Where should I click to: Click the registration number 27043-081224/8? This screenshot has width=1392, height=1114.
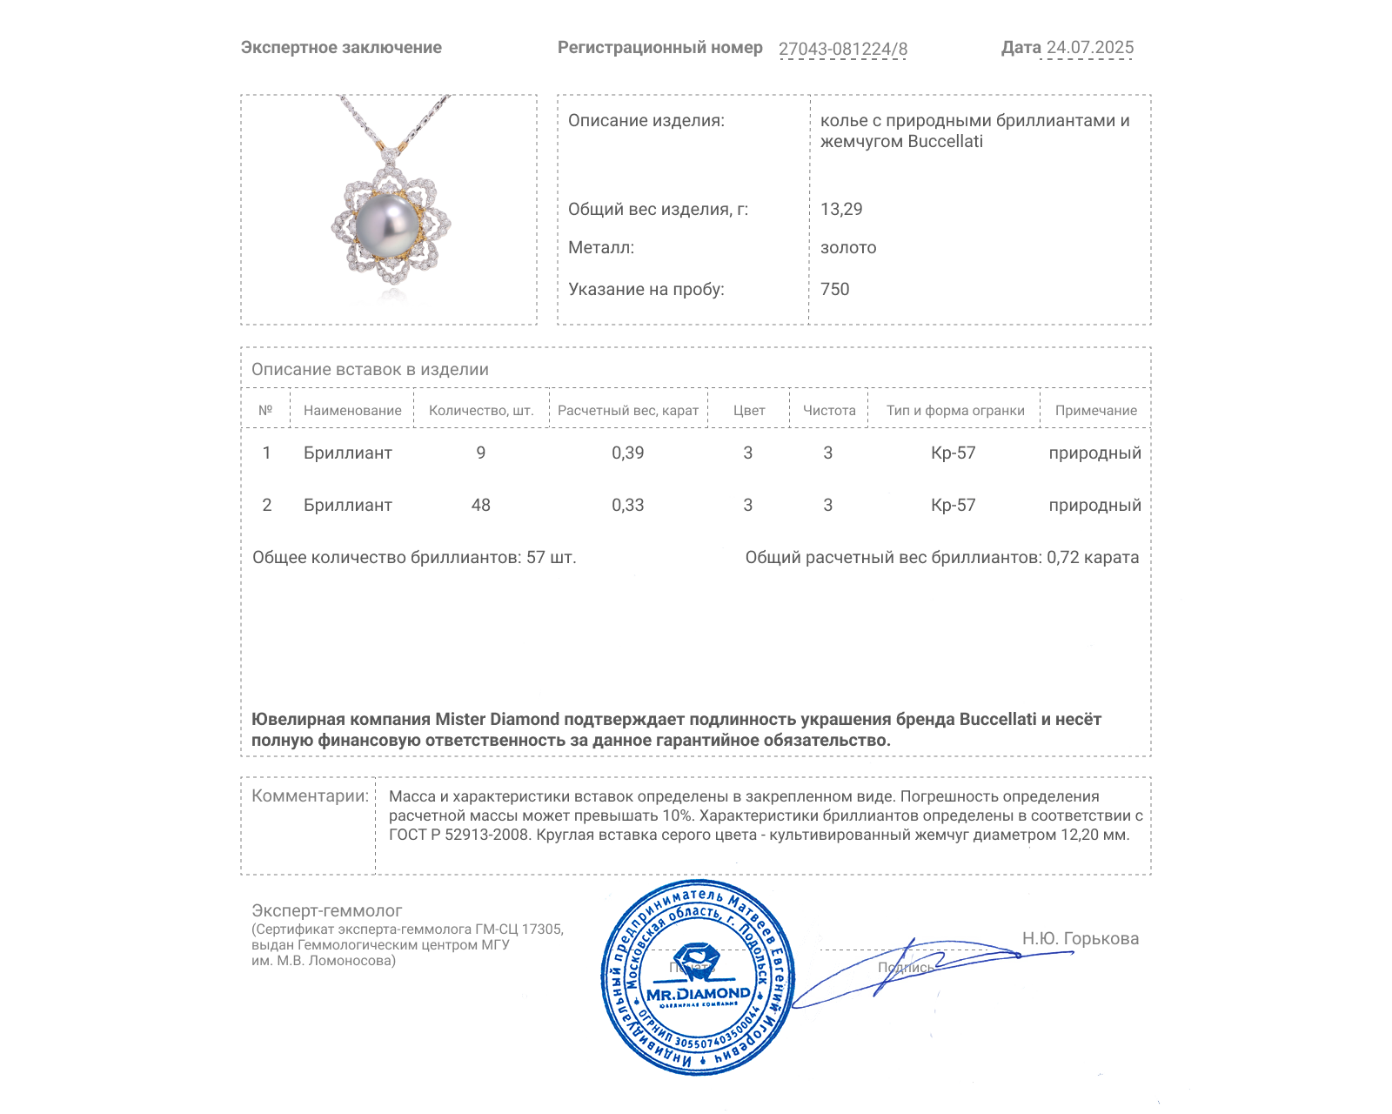[x=842, y=49]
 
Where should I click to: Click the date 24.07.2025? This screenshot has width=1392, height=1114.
[x=1089, y=48]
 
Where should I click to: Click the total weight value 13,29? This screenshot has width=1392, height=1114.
[x=841, y=209]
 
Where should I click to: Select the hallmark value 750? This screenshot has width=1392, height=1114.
[x=834, y=289]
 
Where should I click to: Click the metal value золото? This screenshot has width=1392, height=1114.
[x=848, y=248]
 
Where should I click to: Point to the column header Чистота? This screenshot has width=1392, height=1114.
[x=829, y=411]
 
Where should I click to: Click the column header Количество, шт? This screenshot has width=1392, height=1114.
[x=481, y=411]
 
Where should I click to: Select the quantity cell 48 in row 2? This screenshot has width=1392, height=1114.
[x=480, y=505]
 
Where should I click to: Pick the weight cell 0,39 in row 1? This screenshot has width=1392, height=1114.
[x=627, y=453]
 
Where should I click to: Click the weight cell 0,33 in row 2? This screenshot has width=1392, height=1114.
[x=627, y=505]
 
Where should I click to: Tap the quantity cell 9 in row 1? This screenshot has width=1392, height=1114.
[x=480, y=453]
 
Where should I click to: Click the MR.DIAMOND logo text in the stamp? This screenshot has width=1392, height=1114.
[x=698, y=994]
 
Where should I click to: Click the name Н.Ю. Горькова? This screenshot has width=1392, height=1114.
[x=1080, y=938]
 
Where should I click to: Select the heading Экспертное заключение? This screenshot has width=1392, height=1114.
[x=341, y=48]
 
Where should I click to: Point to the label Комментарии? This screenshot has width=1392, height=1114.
[x=310, y=795]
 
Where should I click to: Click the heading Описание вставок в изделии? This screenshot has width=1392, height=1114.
[x=370, y=369]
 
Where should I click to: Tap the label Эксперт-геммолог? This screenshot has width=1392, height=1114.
[x=326, y=910]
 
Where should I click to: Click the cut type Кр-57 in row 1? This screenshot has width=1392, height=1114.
[x=953, y=453]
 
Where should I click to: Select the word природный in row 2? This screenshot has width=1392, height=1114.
[x=1094, y=505]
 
